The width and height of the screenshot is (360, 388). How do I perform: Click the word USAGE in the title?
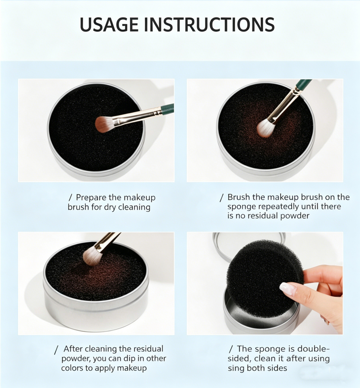109,24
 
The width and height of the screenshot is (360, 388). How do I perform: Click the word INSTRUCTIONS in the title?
209,24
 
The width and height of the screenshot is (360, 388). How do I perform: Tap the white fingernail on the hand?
288,288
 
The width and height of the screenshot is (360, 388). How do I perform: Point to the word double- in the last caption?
313,349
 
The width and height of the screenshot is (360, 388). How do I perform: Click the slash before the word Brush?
222,198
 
